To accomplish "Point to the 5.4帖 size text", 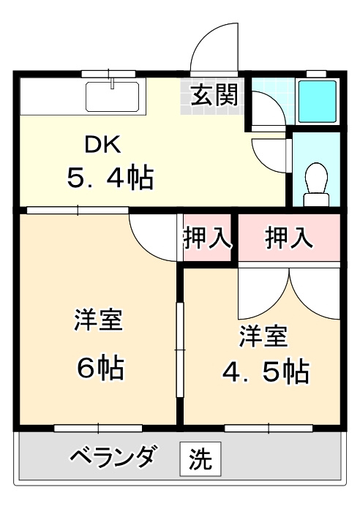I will pyautogui.click(x=110, y=177).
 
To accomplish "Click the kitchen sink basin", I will pyautogui.click(x=113, y=95).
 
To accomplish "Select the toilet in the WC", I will pyautogui.click(x=317, y=179).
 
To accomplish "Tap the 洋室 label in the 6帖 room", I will pyautogui.click(x=97, y=320).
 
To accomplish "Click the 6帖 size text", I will pyautogui.click(x=100, y=366).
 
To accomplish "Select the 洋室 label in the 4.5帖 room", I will pyautogui.click(x=263, y=336).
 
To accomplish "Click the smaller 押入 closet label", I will pyautogui.click(x=207, y=238).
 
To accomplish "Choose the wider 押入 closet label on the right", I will pyautogui.click(x=289, y=238).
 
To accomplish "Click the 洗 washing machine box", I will pyautogui.click(x=198, y=459).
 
